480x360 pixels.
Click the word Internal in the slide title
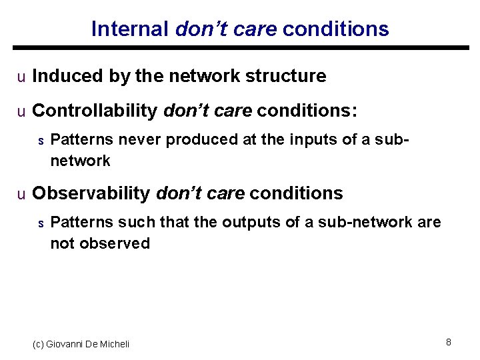[x=130, y=29]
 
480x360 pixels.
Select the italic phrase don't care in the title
[x=227, y=29]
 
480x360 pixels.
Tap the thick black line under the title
[x=240, y=48]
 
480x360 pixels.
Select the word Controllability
[x=95, y=110]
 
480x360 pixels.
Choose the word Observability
[x=91, y=193]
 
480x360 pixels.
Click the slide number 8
[x=449, y=342]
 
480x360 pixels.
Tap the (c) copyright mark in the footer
[x=39, y=344]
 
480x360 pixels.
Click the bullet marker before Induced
[x=21, y=77]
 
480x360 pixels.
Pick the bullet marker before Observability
[x=21, y=195]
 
